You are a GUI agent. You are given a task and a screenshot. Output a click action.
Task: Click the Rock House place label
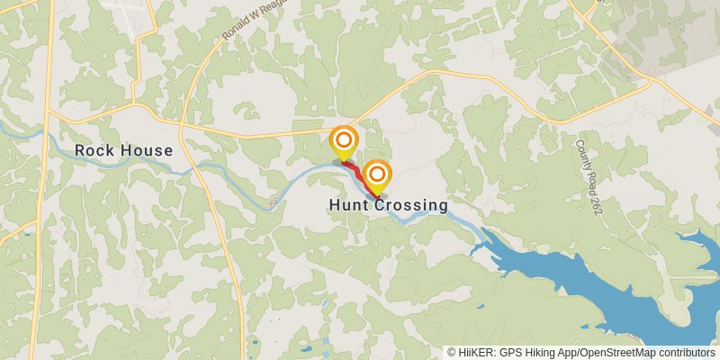pyautogui.click(x=123, y=150)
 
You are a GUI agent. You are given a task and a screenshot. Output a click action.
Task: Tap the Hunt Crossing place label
pyautogui.click(x=388, y=205)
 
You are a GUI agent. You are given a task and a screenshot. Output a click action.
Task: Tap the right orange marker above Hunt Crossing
pyautogui.click(x=378, y=175)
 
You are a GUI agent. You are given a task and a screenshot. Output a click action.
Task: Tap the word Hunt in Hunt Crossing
pyautogui.click(x=346, y=205)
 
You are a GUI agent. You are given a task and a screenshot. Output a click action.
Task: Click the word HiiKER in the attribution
pyautogui.click(x=476, y=353)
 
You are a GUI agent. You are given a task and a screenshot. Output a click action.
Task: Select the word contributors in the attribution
pyautogui.click(x=687, y=353)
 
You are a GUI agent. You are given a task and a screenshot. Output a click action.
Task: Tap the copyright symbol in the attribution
pyautogui.click(x=452, y=353)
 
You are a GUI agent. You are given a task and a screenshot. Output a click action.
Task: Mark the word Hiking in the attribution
pyautogui.click(x=538, y=353)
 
